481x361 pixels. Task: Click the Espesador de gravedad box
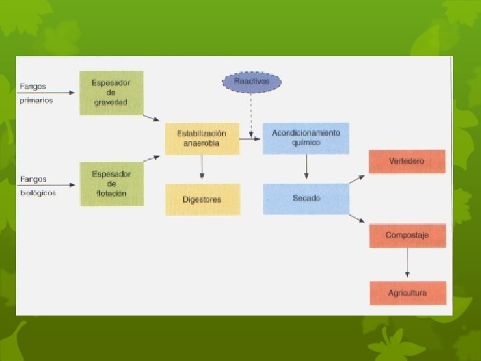coord(111,93)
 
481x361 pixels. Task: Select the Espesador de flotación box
coord(111,183)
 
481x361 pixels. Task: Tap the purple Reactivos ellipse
coord(251,82)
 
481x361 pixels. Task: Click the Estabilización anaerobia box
coord(202,138)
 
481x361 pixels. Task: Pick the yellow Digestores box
coord(202,199)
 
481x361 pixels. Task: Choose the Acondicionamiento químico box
coord(306,138)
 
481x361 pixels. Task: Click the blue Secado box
coord(306,199)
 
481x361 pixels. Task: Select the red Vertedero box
coord(407,161)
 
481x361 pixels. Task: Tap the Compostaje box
coord(407,235)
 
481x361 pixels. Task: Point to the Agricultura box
coord(407,293)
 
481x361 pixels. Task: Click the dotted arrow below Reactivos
coord(251,114)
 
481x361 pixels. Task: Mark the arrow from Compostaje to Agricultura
coord(407,264)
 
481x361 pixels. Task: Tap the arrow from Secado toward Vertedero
coord(357,179)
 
